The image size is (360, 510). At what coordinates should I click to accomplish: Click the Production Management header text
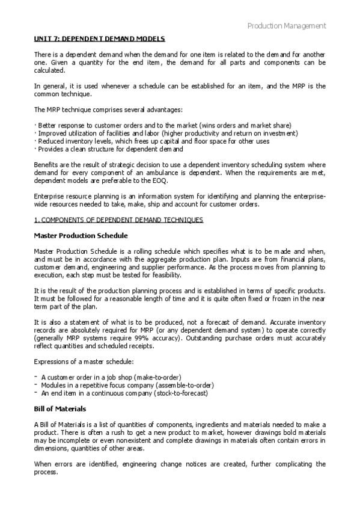287,26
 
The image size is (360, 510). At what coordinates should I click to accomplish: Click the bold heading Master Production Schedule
80,236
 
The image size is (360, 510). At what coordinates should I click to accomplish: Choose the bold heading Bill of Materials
61,408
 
